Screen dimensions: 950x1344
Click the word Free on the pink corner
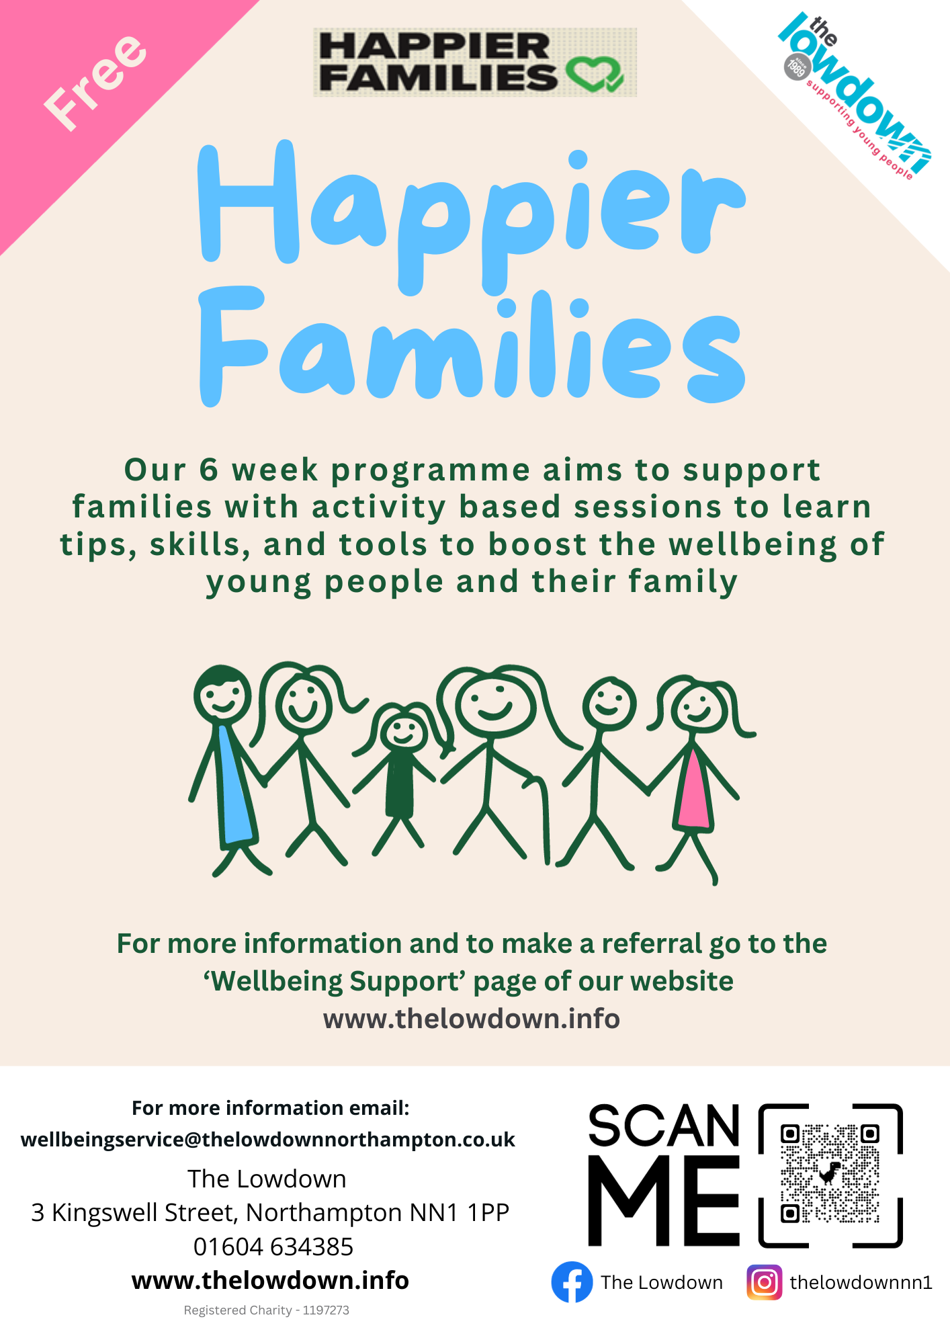click(95, 81)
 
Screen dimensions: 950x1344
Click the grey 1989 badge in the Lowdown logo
click(796, 67)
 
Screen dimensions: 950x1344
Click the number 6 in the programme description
click(209, 470)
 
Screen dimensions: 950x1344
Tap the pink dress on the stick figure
click(693, 790)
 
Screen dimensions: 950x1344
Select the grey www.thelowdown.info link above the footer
click(472, 1019)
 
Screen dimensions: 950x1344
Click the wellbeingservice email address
click(268, 1140)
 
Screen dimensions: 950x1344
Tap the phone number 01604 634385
click(273, 1247)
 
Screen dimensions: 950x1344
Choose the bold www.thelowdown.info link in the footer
click(270, 1280)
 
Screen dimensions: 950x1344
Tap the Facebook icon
click(572, 1282)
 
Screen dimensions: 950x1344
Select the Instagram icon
click(765, 1282)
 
